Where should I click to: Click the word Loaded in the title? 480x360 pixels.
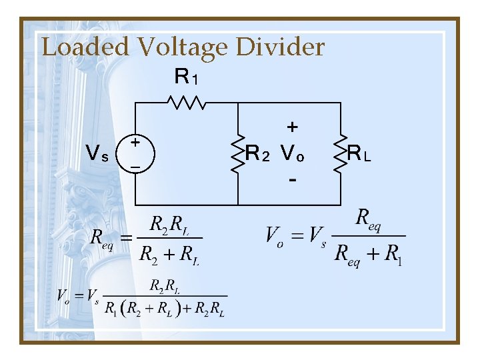pos(85,47)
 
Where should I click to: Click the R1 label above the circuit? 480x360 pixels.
pos(185,77)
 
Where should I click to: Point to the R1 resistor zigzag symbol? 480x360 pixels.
pos(186,103)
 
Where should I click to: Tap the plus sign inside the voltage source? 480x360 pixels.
pos(135,142)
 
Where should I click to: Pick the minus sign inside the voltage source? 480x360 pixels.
pos(135,167)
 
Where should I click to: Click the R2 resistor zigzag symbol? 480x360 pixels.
pos(238,155)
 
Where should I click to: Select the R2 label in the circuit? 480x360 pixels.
pos(258,155)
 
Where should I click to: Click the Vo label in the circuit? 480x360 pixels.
pos(292,155)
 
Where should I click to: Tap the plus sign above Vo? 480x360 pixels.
pos(292,126)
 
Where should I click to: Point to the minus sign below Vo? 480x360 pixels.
pos(292,181)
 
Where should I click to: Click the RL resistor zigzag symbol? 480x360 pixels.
pos(341,155)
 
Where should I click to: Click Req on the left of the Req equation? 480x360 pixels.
pos(102,238)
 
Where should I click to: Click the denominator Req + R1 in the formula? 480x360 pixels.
pos(368,254)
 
